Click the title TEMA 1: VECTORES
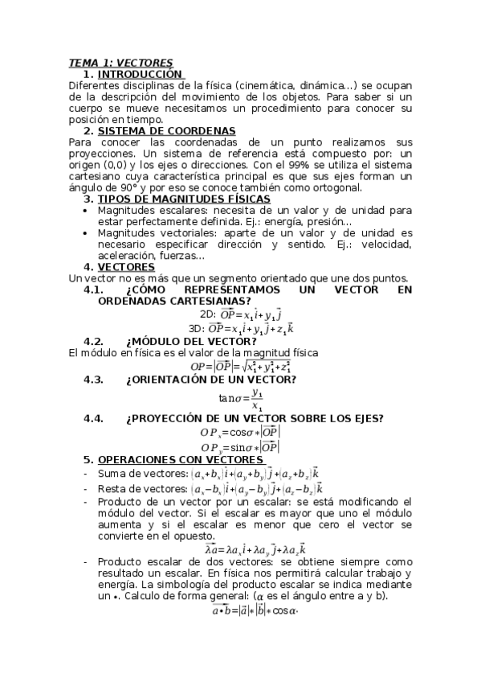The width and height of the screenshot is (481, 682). point(120,63)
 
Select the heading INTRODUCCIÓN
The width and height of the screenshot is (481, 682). point(144,74)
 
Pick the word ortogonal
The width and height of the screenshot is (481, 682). point(335,187)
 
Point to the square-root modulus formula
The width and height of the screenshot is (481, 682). point(241,367)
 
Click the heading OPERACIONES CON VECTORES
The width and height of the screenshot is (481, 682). point(181,459)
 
